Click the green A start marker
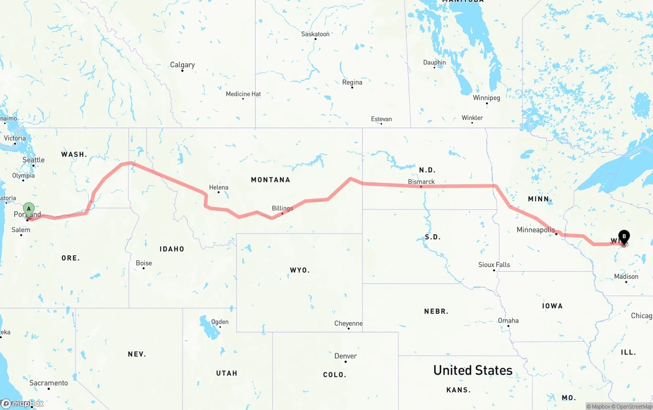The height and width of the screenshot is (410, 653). (29, 208)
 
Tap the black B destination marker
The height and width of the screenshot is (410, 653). (624, 236)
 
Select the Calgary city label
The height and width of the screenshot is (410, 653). (182, 65)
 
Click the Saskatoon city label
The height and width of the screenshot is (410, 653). (315, 34)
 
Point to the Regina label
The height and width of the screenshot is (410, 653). (352, 82)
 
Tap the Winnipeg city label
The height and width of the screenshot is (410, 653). (486, 98)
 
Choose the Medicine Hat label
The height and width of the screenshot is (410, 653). (243, 94)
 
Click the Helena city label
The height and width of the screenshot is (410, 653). (218, 187)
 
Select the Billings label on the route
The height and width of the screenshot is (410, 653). (282, 208)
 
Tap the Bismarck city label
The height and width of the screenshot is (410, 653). (421, 182)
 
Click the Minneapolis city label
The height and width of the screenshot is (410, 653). (536, 230)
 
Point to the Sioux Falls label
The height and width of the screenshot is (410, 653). (494, 264)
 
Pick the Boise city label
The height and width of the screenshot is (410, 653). (144, 263)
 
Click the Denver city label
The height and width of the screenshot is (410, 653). (345, 356)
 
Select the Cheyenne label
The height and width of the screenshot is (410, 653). (348, 323)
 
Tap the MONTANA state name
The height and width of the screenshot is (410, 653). (270, 180)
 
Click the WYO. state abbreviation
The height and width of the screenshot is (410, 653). (299, 270)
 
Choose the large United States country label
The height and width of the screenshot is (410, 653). (472, 370)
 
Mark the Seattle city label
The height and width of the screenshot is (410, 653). (34, 160)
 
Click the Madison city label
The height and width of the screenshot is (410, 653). (626, 276)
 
